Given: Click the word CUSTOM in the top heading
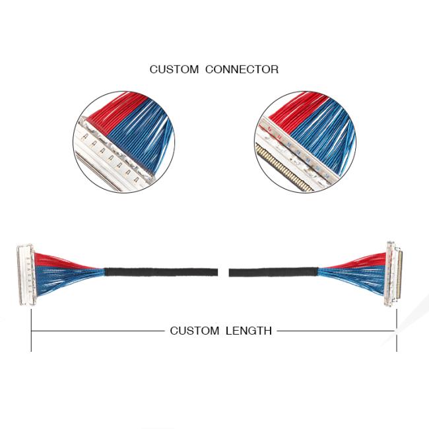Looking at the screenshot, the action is [174, 69].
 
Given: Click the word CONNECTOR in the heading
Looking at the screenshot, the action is [242, 69].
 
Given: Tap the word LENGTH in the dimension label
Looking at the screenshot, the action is [249, 331].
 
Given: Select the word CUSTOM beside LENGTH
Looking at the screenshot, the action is [195, 331].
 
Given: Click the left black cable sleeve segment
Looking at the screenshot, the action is [161, 272].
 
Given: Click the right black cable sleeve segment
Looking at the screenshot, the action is [274, 272].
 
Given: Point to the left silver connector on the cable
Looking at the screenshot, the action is [26, 275].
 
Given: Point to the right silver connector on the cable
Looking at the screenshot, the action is [393, 274].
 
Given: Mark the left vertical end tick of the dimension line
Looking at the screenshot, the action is [31, 330].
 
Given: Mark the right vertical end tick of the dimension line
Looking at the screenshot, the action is [397, 330].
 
